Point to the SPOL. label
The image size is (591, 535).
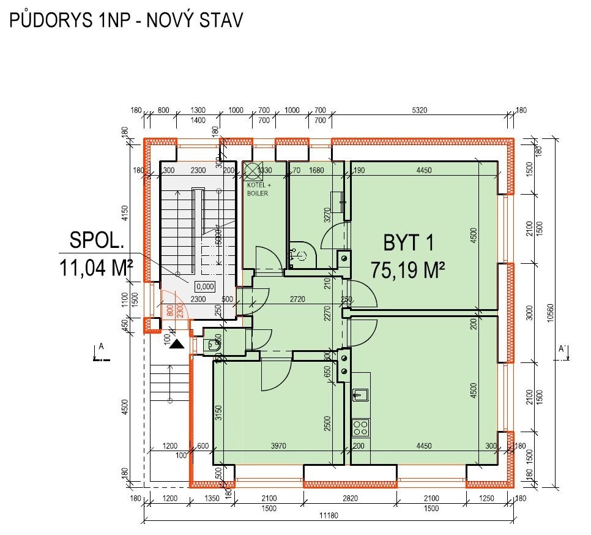[97, 241]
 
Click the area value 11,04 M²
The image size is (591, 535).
[97, 267]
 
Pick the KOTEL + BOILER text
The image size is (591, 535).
[258, 189]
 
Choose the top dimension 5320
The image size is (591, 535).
[419, 110]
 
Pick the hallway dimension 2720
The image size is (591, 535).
[298, 299]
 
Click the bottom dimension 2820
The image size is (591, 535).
[348, 499]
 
